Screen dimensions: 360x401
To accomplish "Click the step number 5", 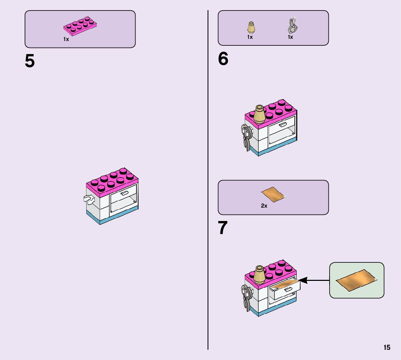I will (30, 61).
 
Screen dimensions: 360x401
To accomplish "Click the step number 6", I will (223, 59).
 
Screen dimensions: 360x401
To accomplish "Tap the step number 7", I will (223, 228).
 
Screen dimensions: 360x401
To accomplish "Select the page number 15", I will (387, 347).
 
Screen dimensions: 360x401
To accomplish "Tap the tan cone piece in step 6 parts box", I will (250, 27).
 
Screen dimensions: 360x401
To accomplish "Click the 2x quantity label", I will (264, 206).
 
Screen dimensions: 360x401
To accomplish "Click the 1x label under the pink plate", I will (66, 39).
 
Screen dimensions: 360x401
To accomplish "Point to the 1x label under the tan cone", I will (250, 37).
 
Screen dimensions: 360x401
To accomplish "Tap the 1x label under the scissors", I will (290, 37).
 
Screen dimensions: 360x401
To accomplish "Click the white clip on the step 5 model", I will (88, 198).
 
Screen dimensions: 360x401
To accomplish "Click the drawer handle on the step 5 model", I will (124, 193).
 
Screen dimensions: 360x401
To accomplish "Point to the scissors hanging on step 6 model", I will (246, 137).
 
